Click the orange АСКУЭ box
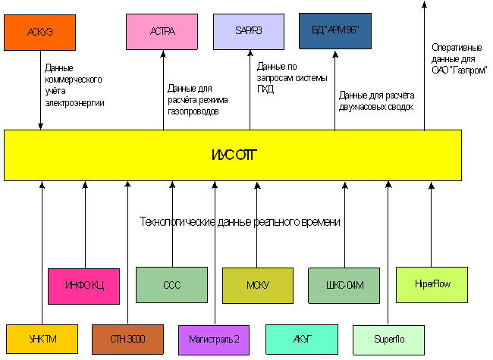[x=40, y=32]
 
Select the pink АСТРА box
[x=163, y=32]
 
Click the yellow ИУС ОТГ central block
[x=233, y=155]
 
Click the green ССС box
[x=171, y=285]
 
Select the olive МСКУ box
[x=257, y=285]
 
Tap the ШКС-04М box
[x=344, y=285]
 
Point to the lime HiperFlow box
[x=431, y=285]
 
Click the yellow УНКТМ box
[x=42, y=339]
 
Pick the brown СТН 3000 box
[x=127, y=339]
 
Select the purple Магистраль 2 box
[x=214, y=339]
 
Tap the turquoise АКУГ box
[x=301, y=339]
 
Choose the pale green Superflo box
[x=388, y=339]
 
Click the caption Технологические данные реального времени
[x=240, y=222]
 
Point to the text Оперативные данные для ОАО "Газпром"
[x=459, y=58]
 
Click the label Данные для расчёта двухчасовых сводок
[x=377, y=101]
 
